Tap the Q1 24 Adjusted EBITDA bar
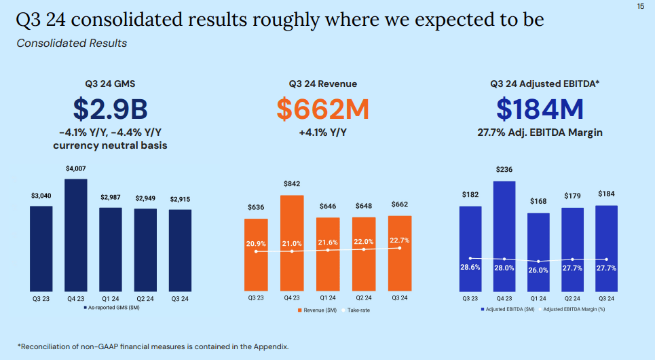click(x=538, y=251)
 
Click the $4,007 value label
click(x=76, y=168)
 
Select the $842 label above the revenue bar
click(x=292, y=184)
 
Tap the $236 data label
click(x=504, y=169)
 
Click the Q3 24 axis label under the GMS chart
click(x=180, y=298)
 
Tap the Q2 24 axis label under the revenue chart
click(x=364, y=298)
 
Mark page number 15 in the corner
click(x=641, y=6)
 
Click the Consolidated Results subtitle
click(x=71, y=43)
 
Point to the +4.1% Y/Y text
click(x=322, y=133)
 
